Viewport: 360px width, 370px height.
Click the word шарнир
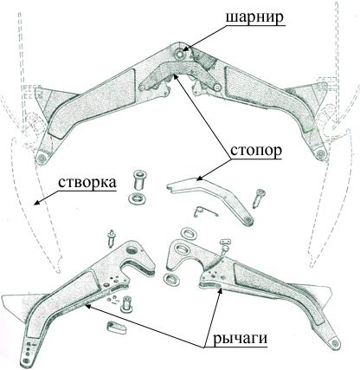click(x=254, y=18)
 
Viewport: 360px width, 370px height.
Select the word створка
click(x=87, y=183)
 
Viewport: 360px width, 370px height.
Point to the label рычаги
click(x=240, y=339)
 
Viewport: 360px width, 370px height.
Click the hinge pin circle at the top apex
click(x=181, y=54)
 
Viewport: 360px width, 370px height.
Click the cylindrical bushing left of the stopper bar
click(x=139, y=179)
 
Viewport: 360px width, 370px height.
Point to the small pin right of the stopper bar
click(x=259, y=198)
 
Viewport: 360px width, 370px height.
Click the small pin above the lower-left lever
click(x=111, y=238)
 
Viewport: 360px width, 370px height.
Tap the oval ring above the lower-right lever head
click(x=189, y=233)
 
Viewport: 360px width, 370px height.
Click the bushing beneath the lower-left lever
click(x=125, y=304)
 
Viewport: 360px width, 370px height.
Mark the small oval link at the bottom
click(x=117, y=328)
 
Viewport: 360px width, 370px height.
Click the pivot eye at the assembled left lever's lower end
click(x=42, y=158)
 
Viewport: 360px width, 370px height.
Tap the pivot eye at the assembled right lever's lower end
click(x=319, y=153)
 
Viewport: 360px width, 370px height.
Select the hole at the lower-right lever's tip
click(x=335, y=343)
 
